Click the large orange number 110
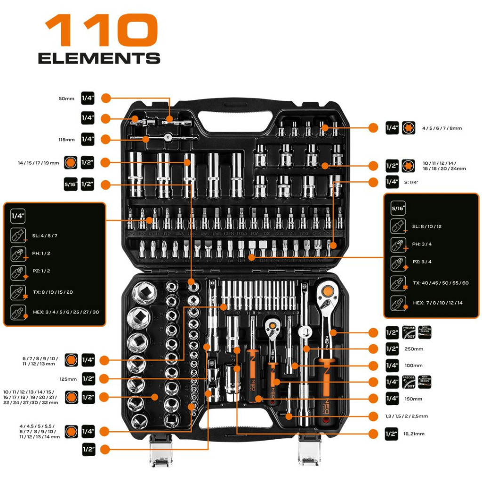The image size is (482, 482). coord(101,30)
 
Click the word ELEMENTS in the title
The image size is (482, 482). coord(99,58)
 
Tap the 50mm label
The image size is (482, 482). coord(66,99)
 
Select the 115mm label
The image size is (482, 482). coord(66,139)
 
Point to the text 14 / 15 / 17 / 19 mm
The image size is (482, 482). coord(38,163)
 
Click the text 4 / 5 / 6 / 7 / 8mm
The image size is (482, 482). coord(442,128)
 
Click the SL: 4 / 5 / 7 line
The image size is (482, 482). coord(45,235)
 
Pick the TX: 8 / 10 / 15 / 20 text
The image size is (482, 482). coord(53,292)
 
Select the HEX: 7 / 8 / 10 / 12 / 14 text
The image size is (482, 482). coord(437,303)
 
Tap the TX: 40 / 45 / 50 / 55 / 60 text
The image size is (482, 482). coord(441,283)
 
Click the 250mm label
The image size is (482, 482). coord(413,349)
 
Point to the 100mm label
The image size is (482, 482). coord(413,366)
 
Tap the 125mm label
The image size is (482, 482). coord(68,379)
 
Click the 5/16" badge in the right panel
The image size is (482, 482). coord(398,208)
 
